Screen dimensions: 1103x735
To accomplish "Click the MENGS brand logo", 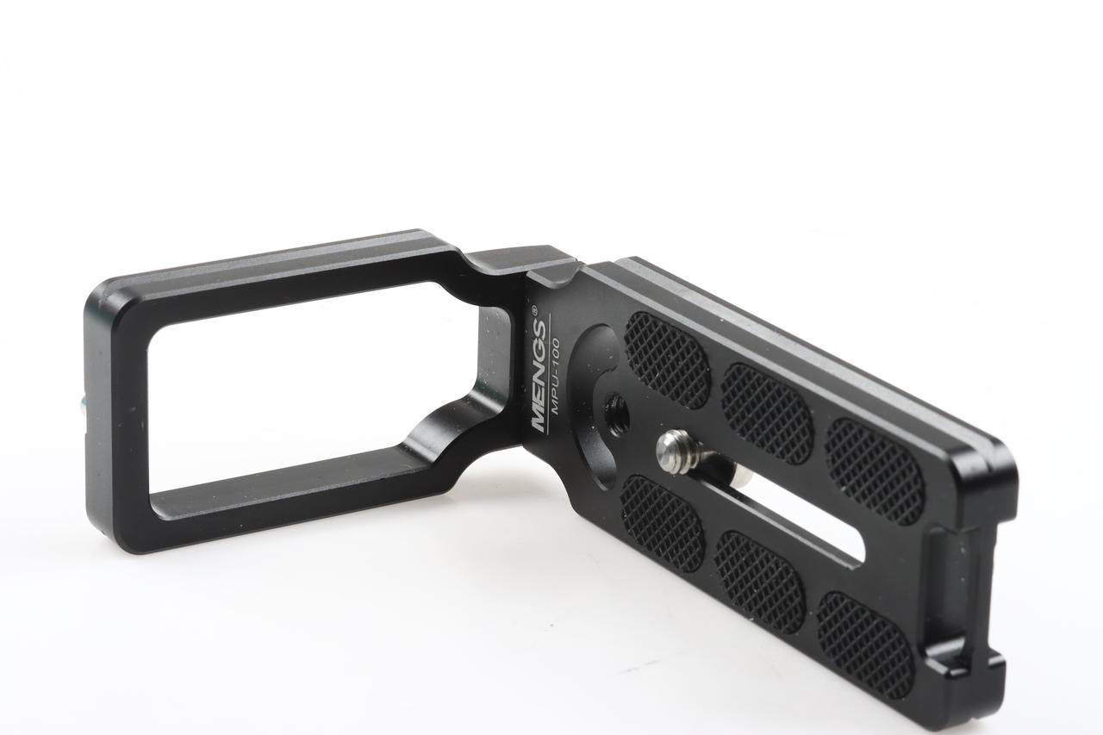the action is pos(539,377).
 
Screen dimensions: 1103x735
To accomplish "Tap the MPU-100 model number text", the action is pos(556,377).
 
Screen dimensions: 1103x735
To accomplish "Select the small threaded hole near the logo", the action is pos(616,408).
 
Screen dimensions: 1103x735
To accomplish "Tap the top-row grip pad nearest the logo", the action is pos(667,359).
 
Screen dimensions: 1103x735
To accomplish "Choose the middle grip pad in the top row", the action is pos(766,414).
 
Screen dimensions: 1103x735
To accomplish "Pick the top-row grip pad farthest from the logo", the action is pos(875,471).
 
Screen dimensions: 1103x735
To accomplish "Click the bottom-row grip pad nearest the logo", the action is pos(663,523).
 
